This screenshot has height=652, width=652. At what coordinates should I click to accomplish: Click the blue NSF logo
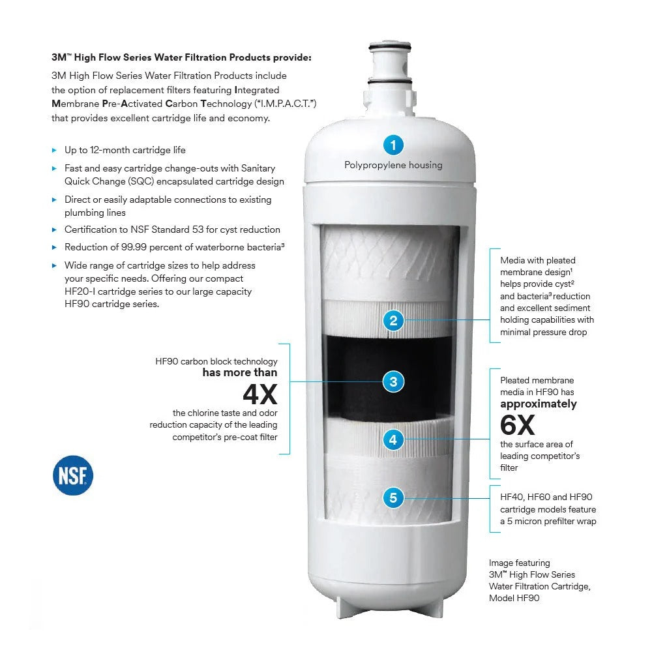(x=73, y=475)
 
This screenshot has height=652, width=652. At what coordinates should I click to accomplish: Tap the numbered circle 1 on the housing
(x=393, y=145)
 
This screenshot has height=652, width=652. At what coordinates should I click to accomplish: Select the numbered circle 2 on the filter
(x=393, y=320)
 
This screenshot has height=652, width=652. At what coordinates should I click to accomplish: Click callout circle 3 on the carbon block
(x=393, y=381)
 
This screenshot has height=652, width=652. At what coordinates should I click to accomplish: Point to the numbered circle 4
(x=393, y=439)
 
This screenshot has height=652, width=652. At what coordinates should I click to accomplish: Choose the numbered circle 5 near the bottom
(x=393, y=497)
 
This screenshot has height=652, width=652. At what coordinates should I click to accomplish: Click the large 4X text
(x=260, y=394)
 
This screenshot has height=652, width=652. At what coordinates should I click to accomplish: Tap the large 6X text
(x=517, y=424)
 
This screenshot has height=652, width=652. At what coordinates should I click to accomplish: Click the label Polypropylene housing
(x=393, y=165)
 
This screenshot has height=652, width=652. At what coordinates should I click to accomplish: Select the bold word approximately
(x=539, y=404)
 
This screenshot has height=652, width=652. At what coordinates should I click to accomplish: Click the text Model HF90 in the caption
(x=514, y=598)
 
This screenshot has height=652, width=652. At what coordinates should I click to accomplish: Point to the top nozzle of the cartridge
(x=390, y=63)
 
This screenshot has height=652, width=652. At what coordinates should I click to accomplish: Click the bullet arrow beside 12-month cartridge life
(x=54, y=150)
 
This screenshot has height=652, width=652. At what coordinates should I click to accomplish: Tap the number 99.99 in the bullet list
(x=134, y=247)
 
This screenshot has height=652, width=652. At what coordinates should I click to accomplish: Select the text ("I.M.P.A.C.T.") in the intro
(x=286, y=104)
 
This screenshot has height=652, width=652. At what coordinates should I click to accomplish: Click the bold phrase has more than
(x=240, y=372)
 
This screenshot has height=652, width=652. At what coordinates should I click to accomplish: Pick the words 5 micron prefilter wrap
(x=552, y=522)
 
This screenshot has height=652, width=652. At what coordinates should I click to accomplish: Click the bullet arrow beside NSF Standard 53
(x=54, y=230)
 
